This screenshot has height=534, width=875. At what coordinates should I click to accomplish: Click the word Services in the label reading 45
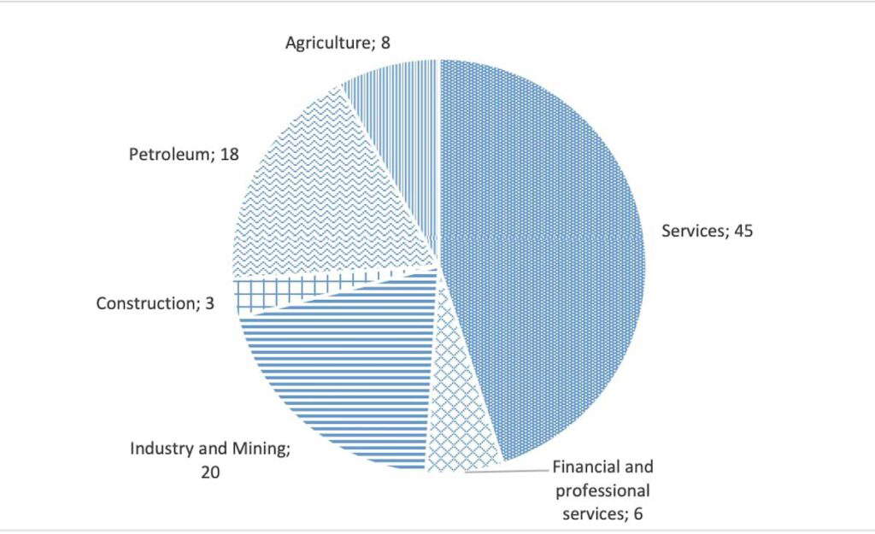[x=691, y=231]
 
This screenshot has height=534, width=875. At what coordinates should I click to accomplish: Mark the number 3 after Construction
[x=209, y=303]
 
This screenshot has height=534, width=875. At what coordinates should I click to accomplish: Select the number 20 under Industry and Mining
[x=210, y=471]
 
